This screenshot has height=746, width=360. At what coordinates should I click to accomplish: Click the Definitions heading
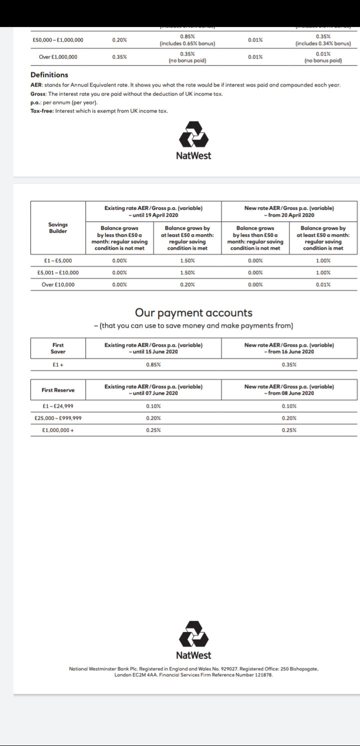pos(49,75)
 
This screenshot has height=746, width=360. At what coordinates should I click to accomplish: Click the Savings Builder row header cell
pos(58,228)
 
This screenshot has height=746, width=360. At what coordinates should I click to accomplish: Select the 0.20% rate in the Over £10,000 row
pos(187,284)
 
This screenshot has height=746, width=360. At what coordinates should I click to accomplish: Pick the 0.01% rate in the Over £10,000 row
pos(323,284)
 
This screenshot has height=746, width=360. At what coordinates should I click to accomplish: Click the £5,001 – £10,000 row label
pos(58,272)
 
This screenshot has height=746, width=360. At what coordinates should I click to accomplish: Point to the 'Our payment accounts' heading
pos(193,313)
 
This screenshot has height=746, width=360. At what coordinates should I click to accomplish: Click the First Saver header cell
pos(58,348)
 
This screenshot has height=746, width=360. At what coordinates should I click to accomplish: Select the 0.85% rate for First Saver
pos(153,365)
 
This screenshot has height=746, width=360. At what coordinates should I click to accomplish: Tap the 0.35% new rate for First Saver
pos(289,365)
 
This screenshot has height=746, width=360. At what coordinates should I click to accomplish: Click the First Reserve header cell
pos(58,390)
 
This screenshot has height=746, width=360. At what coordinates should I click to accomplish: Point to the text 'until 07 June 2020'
pos(153,393)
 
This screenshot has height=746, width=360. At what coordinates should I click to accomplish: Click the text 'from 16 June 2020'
pos(289,351)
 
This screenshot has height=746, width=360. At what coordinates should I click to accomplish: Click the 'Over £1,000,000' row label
pos(58,57)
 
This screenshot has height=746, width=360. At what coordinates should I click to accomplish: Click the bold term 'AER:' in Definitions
pos(36,85)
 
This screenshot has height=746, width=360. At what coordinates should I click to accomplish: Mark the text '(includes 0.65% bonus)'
pos(187,43)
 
